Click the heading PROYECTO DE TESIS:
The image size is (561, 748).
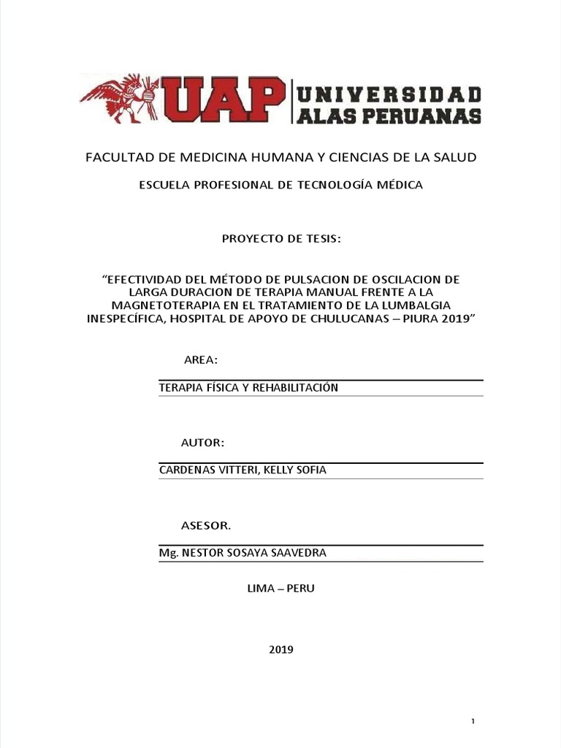pyautogui.click(x=280, y=241)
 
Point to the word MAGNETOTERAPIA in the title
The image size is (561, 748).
pyautogui.click(x=155, y=305)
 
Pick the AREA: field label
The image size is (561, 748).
pyautogui.click(x=199, y=360)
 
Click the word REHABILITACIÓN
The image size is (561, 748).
pyautogui.click(x=295, y=388)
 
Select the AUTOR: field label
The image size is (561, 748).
pyautogui.click(x=202, y=443)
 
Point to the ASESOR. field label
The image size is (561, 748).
pyautogui.click(x=206, y=526)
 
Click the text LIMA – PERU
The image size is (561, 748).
pyautogui.click(x=281, y=588)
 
